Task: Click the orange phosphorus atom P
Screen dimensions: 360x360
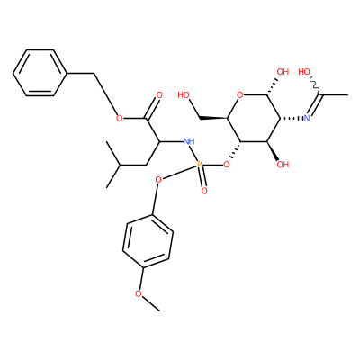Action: [200, 165]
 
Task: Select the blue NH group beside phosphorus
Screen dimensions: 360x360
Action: [189, 141]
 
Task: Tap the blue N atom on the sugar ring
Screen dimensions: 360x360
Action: [307, 118]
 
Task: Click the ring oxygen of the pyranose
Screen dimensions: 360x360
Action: [239, 95]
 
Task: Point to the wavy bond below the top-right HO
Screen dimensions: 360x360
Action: [315, 84]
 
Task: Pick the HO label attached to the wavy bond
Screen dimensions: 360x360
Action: [304, 72]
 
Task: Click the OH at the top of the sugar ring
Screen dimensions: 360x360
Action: [283, 72]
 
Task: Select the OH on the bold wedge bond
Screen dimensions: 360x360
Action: [283, 165]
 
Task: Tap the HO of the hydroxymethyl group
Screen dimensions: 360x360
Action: [184, 95]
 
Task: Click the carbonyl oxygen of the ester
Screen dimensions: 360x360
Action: [159, 95]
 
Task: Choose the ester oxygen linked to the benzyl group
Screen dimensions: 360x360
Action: [119, 118]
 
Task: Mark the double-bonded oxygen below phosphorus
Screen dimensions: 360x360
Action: [204, 191]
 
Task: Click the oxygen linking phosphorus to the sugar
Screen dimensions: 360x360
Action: [227, 165]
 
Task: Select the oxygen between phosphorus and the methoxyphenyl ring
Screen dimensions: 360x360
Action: [158, 180]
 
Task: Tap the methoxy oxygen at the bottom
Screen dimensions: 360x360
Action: [138, 293]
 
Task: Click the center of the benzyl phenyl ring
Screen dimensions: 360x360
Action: [40, 73]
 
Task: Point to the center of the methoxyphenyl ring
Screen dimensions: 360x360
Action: [148, 241]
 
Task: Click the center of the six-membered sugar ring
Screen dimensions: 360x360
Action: [254, 119]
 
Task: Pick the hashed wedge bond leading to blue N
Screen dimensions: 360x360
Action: [292, 119]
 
